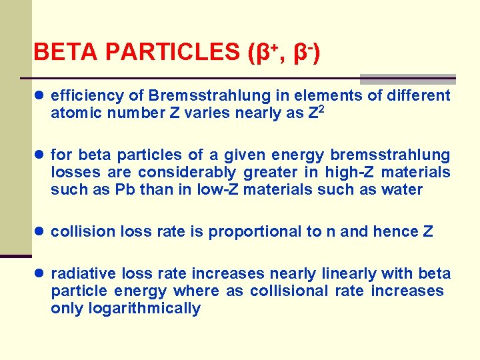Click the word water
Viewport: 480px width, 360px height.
[x=403, y=190]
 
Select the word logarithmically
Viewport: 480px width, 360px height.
[x=125, y=309]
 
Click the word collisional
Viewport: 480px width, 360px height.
[x=289, y=291]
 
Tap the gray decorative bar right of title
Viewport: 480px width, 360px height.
[x=407, y=79]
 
